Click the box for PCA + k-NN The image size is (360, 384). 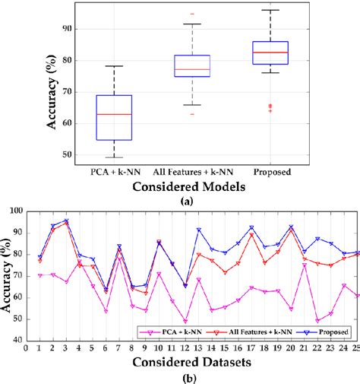click(113, 117)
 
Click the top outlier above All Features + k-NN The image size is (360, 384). click(192, 14)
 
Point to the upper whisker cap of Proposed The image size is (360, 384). click(270, 10)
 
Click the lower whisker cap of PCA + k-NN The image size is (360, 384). click(113, 157)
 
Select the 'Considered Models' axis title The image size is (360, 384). click(192, 185)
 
